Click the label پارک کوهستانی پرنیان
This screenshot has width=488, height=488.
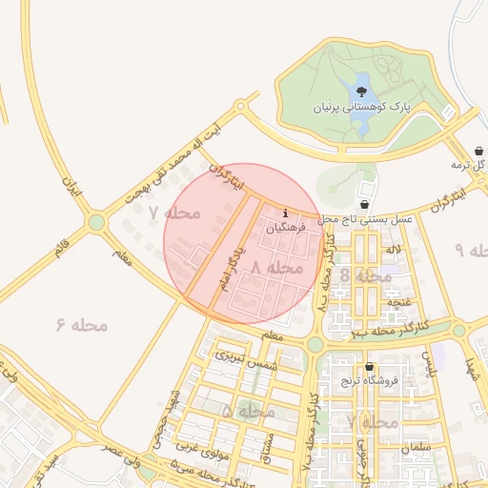point(360,109)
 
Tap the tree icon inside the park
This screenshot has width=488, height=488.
point(361,91)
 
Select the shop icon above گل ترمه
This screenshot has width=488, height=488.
point(478,151)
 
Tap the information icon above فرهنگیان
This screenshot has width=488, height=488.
point(286,213)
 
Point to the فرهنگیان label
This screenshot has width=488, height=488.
point(286,229)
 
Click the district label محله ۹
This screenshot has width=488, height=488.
point(472,250)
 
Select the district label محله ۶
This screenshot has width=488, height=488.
point(82,325)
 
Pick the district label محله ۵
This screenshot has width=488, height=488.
point(248,411)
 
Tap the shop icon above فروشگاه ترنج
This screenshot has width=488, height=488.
point(369,367)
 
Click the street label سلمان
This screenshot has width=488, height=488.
point(417,447)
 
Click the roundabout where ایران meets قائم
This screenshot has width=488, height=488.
point(96,223)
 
